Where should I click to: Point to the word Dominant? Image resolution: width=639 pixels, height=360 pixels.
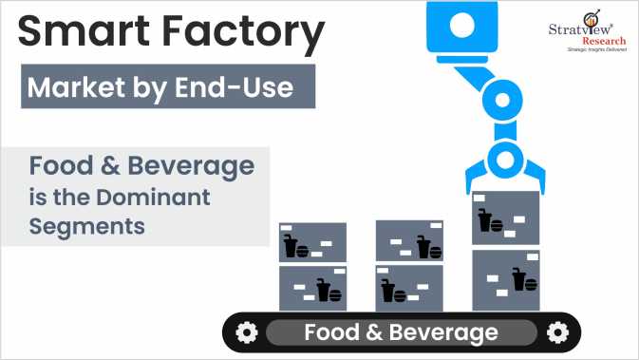coord(159,199)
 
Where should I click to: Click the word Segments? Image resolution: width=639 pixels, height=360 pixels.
coord(86,228)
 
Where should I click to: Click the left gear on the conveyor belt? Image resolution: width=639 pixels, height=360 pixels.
coord(246,332)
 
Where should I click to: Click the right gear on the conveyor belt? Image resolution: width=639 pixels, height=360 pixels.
coord(558,332)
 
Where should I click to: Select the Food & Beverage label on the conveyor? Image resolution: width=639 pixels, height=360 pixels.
coord(401,332)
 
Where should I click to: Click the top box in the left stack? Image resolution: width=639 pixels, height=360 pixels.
coord(312,242)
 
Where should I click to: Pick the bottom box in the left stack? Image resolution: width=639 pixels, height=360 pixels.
coord(312,288)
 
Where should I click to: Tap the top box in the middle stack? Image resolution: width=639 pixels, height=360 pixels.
coord(409,241)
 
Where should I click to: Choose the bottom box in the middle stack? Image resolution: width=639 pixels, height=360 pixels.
coord(409,288)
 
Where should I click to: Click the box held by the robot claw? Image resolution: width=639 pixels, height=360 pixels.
coord(505,218)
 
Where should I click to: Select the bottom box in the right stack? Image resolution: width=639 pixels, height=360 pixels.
coord(505,280)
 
